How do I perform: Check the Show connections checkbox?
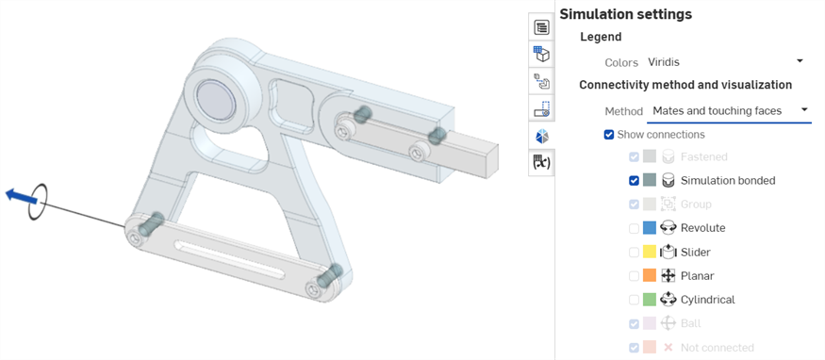[x=609, y=135]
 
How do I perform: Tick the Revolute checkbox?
[x=634, y=228]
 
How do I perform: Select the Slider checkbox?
[x=634, y=253]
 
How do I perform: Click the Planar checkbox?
[x=634, y=276]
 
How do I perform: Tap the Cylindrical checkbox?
[x=634, y=300]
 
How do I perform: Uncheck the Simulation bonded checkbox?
[x=634, y=180]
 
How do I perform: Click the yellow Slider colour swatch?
[x=650, y=253]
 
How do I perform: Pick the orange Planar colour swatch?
[x=650, y=276]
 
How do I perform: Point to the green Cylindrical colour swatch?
[x=650, y=300]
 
